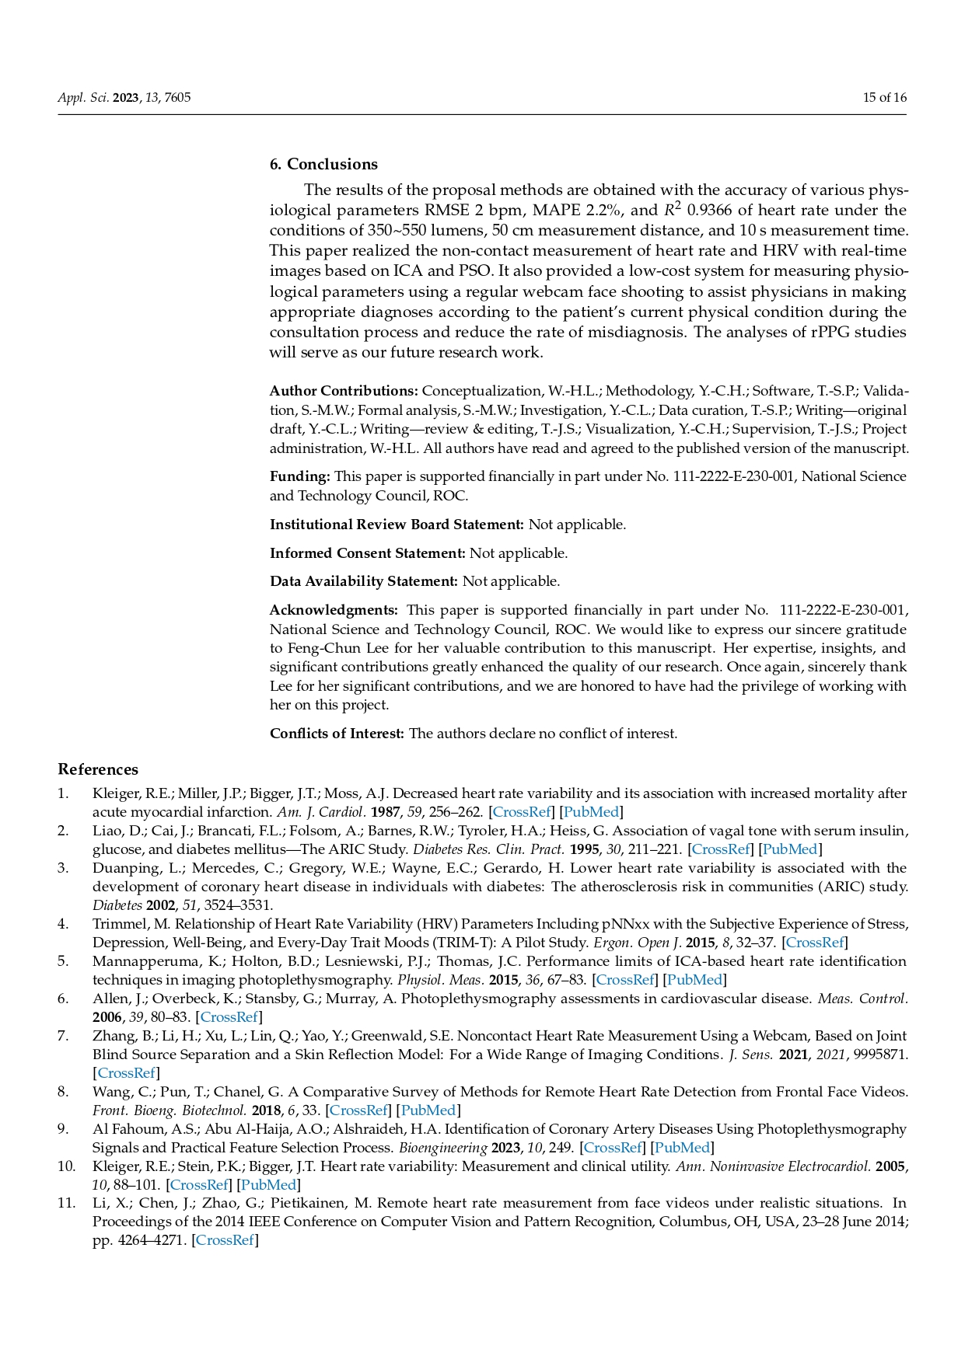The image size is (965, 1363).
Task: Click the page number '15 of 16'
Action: click(x=884, y=98)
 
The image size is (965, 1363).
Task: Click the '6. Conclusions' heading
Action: click(x=323, y=164)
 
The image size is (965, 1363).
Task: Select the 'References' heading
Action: click(x=98, y=769)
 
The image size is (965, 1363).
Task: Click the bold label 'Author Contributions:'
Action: click(x=344, y=391)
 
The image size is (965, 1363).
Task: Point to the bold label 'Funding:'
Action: click(x=300, y=476)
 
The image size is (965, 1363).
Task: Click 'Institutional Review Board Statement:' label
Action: click(x=397, y=525)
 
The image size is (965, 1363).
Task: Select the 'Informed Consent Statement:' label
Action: click(x=367, y=553)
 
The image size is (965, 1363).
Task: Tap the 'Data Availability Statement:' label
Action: click(x=363, y=581)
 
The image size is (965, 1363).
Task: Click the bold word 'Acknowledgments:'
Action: click(x=334, y=610)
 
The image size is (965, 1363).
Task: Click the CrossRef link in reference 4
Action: click(x=814, y=943)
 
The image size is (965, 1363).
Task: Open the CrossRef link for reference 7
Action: click(x=126, y=1073)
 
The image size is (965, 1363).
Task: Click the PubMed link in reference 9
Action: click(x=682, y=1148)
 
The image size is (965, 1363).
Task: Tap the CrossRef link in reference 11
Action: click(x=225, y=1240)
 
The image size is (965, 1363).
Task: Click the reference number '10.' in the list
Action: click(x=66, y=1166)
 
